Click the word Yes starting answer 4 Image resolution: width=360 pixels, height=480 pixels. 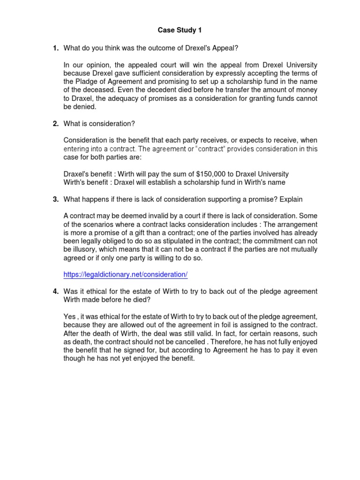(69, 316)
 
